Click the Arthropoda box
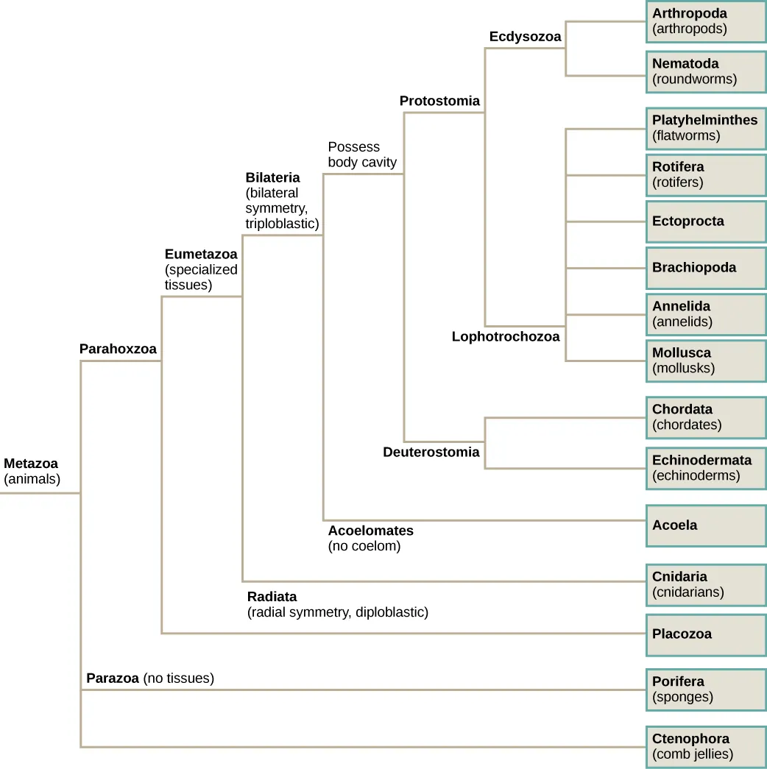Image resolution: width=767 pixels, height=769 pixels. (x=705, y=21)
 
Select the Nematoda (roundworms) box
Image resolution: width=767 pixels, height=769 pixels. (x=705, y=71)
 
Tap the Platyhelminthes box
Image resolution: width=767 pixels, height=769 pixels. (x=705, y=128)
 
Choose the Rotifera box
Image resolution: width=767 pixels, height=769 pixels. (x=705, y=175)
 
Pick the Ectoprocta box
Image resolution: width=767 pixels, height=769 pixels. (x=705, y=222)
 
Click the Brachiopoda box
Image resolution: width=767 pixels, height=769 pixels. (x=705, y=268)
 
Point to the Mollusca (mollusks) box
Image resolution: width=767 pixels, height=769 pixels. (x=705, y=361)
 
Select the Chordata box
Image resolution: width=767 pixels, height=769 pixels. (x=705, y=417)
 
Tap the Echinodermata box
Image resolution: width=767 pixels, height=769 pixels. (x=705, y=468)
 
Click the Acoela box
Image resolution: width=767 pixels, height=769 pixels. (x=705, y=525)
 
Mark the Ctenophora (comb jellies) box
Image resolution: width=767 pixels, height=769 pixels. (x=705, y=746)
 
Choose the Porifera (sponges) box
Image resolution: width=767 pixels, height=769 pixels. (x=705, y=690)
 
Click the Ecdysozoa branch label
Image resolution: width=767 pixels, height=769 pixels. (x=525, y=37)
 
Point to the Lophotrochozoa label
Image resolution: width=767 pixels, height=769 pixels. (x=505, y=336)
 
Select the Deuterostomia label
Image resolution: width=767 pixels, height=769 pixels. (x=431, y=452)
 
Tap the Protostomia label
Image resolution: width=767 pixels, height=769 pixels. (x=439, y=101)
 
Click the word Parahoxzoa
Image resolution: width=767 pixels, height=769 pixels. (x=118, y=349)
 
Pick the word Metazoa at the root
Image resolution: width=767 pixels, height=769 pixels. (x=31, y=464)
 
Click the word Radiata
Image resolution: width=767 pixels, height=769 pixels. (x=272, y=596)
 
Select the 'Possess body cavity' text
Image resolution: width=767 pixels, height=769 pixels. (x=361, y=155)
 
